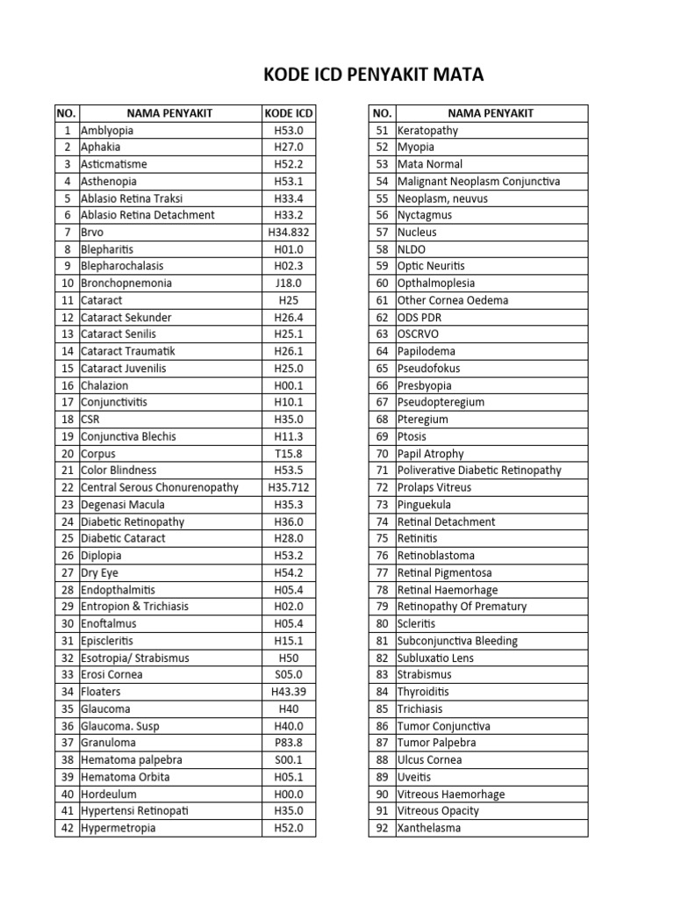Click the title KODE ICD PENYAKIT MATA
(x=373, y=76)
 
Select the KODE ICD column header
(x=289, y=113)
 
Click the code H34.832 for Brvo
(x=289, y=233)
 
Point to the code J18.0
(x=289, y=284)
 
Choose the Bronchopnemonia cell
(x=126, y=284)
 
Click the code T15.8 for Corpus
(x=289, y=454)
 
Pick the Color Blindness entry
(x=118, y=471)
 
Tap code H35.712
(x=289, y=487)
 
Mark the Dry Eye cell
(x=99, y=572)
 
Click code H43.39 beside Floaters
(x=289, y=692)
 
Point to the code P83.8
(x=289, y=743)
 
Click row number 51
(x=381, y=131)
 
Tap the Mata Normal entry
(x=430, y=164)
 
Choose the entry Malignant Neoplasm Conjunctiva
(x=478, y=182)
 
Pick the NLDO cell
(x=412, y=249)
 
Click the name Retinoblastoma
(x=436, y=556)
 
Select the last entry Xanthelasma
(x=429, y=828)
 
